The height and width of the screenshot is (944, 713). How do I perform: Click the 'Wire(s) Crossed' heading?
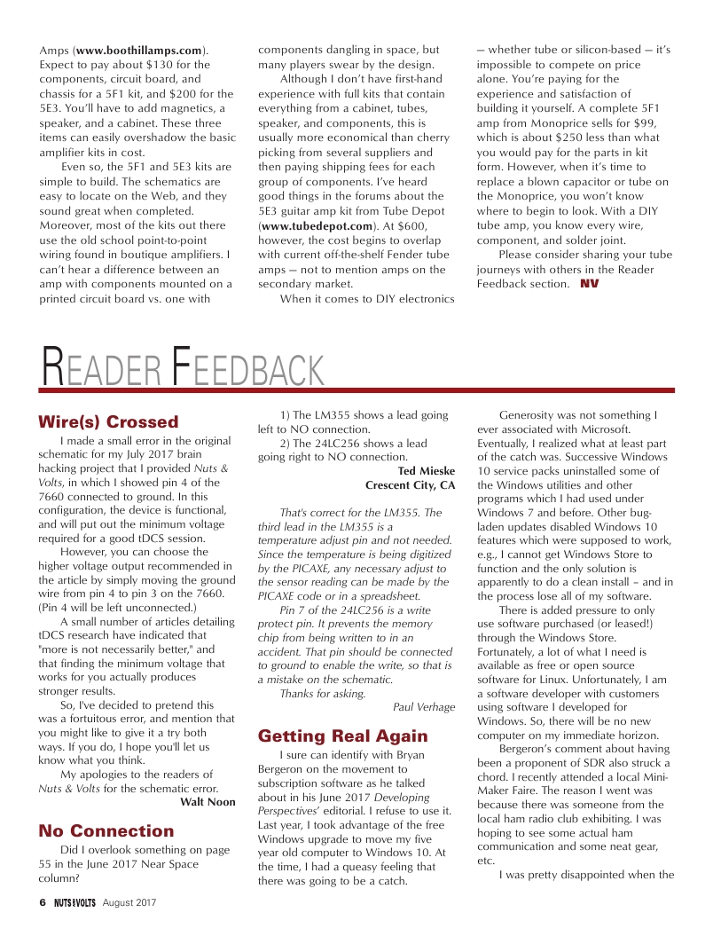[109, 422]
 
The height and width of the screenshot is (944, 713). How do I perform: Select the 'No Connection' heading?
[106, 831]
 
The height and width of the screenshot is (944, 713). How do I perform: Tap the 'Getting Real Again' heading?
[330, 736]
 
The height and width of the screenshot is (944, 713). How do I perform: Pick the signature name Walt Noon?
[208, 802]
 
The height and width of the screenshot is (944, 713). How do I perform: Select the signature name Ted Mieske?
[426, 472]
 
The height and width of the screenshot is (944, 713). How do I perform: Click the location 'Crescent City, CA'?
[411, 486]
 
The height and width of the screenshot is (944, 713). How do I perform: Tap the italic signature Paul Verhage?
[424, 707]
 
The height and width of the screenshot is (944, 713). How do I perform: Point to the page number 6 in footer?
[42, 903]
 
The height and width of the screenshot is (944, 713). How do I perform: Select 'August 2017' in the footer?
[129, 903]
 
